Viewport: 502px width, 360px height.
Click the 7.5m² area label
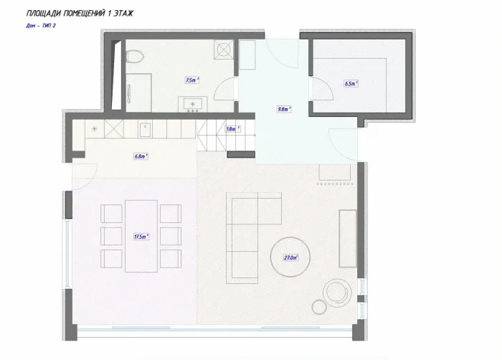(x=192, y=80)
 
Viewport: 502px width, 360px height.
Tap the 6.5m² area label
(x=351, y=84)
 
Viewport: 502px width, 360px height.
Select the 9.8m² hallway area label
(x=284, y=109)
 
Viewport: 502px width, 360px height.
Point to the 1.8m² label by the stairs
(x=233, y=129)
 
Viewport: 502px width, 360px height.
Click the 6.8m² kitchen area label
(x=141, y=156)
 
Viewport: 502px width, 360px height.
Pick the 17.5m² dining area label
(x=141, y=237)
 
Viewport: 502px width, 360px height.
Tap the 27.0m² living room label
(x=290, y=257)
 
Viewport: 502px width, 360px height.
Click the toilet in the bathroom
(x=135, y=57)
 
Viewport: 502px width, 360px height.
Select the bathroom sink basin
(x=193, y=104)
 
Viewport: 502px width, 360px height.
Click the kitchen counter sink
(x=146, y=130)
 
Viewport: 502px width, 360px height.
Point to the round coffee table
(x=290, y=257)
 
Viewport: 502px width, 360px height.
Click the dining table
(x=141, y=236)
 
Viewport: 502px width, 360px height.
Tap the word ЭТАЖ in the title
(x=123, y=14)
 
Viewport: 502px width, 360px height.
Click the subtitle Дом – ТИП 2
(x=41, y=26)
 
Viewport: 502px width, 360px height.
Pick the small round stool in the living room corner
(x=319, y=307)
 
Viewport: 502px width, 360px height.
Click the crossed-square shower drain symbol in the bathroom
(x=224, y=49)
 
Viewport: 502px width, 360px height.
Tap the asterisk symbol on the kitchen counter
(x=95, y=129)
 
